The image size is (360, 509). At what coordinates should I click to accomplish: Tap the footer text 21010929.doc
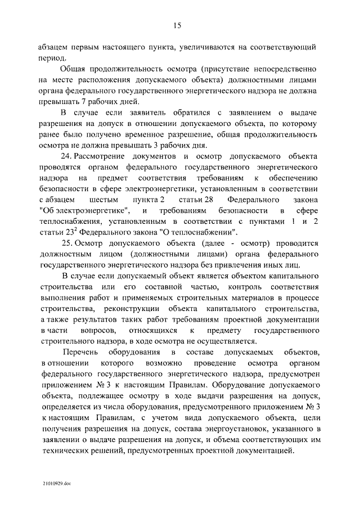56,483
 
